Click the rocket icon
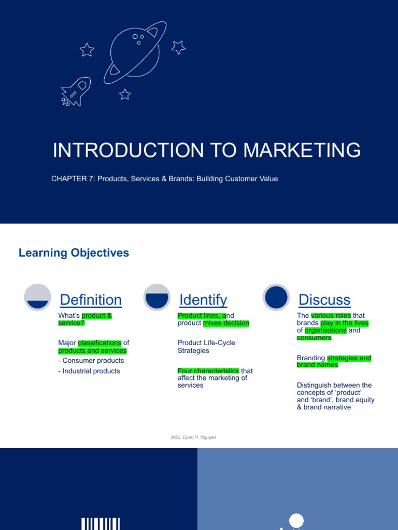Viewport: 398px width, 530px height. [x=76, y=92]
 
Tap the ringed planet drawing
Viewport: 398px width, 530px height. [x=135, y=52]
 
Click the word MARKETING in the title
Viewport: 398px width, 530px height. [x=302, y=150]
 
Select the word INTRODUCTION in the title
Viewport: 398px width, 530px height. [x=128, y=150]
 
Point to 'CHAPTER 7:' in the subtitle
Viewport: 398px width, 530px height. [x=73, y=179]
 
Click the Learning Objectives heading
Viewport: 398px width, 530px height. [x=74, y=253]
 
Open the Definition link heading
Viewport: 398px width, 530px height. [x=91, y=300]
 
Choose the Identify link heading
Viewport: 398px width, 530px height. [x=203, y=300]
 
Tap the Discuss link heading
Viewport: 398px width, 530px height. [x=324, y=300]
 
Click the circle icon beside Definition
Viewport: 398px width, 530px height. [x=38, y=297]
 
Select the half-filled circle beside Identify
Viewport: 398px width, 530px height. [x=157, y=297]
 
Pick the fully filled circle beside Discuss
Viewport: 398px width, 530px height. [x=276, y=297]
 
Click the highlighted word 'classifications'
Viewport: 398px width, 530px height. [x=99, y=343]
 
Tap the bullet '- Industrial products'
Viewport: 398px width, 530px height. [x=89, y=371]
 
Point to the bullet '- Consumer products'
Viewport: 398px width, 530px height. [x=91, y=361]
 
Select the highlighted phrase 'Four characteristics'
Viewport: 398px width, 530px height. [x=208, y=371]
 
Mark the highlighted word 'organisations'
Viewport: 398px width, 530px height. [x=325, y=330]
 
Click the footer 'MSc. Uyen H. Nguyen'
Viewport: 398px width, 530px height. [x=193, y=437]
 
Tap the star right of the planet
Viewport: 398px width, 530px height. [x=178, y=47]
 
